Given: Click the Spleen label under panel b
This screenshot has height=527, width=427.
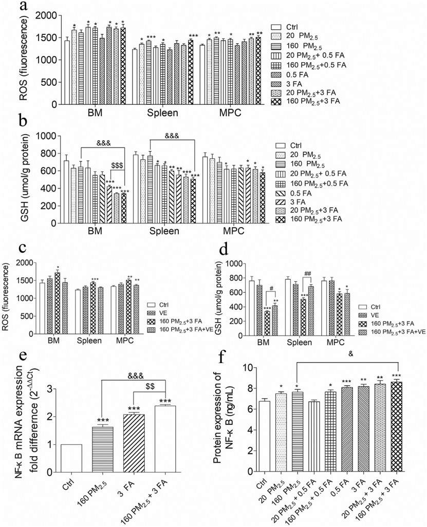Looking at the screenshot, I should (164, 231).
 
